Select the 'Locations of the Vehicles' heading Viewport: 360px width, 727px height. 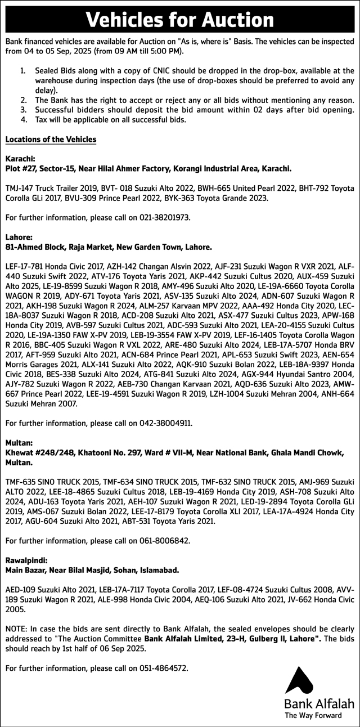point(50,140)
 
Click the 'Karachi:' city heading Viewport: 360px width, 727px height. point(21,159)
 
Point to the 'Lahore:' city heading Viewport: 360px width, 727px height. point(19,237)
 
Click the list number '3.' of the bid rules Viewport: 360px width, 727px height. point(23,110)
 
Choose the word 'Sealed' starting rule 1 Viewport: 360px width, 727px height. point(47,71)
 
